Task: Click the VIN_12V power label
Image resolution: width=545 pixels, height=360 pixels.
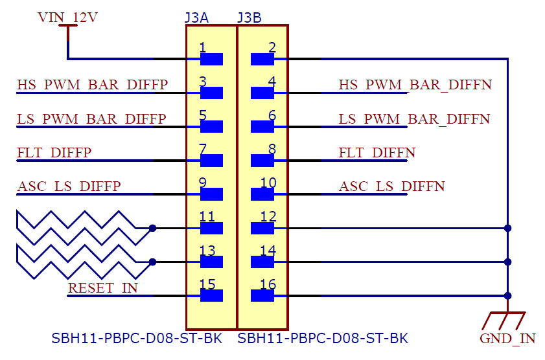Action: point(67,17)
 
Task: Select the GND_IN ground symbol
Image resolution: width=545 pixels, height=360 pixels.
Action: point(507,321)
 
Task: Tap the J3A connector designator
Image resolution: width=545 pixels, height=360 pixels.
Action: point(196,17)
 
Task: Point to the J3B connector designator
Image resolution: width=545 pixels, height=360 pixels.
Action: point(249,17)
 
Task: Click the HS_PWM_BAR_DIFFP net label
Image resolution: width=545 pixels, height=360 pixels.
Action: point(92,85)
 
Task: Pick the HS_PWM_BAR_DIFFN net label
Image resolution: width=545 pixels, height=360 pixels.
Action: point(415,85)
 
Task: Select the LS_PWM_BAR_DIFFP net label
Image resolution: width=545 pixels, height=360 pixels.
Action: point(91,119)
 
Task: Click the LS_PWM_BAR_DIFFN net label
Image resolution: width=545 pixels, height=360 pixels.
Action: point(414,119)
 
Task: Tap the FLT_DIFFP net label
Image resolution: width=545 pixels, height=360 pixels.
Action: point(54,153)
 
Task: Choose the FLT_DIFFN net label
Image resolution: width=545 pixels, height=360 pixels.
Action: point(377,153)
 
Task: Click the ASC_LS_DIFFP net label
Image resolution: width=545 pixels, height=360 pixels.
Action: point(69,186)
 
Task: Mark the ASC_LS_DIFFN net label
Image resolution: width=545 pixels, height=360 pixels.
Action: point(391,186)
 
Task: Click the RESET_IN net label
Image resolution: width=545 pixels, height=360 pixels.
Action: point(102,287)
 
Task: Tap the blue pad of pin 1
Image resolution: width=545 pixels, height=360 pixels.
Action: point(212,60)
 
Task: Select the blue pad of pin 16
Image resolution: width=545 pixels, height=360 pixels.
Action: point(262,296)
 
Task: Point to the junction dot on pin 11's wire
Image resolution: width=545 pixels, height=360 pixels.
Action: point(152,228)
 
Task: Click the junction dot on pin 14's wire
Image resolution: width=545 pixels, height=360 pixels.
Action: point(507,262)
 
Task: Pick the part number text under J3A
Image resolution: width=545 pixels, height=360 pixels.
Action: point(137,338)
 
